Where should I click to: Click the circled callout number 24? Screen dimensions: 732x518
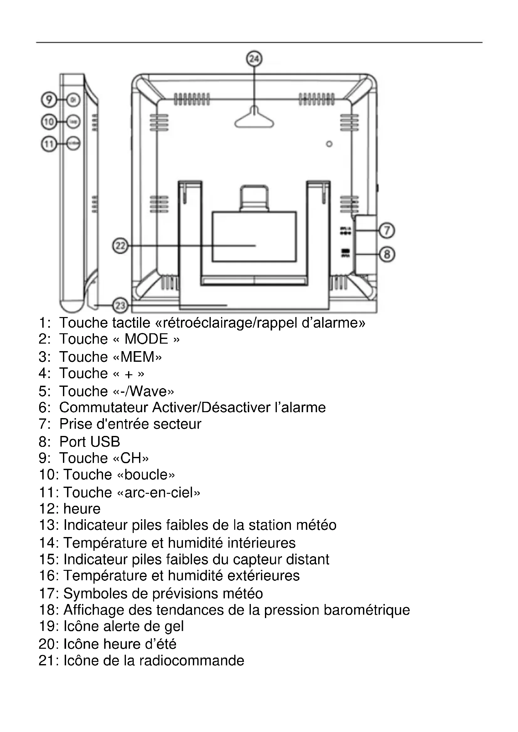click(254, 59)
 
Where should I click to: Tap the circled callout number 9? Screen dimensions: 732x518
click(49, 100)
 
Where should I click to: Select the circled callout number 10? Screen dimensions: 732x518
click(49, 122)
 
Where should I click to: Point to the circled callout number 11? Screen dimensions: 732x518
click(49, 144)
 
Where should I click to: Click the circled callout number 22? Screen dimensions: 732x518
click(120, 246)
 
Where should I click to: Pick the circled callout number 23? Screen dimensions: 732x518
click(120, 306)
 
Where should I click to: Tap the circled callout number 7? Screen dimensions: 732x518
click(387, 231)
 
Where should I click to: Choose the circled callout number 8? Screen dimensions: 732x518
click(387, 254)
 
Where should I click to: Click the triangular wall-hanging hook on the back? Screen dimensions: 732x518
click(254, 119)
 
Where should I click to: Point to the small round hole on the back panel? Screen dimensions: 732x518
click(329, 144)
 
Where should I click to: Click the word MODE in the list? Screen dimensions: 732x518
click(146, 339)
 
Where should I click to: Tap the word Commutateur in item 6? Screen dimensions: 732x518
click(103, 408)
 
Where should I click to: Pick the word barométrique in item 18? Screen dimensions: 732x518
click(366, 610)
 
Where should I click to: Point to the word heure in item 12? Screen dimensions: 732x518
click(82, 509)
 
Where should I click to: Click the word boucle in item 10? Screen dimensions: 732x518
click(146, 475)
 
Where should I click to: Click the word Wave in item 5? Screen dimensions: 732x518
click(149, 392)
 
